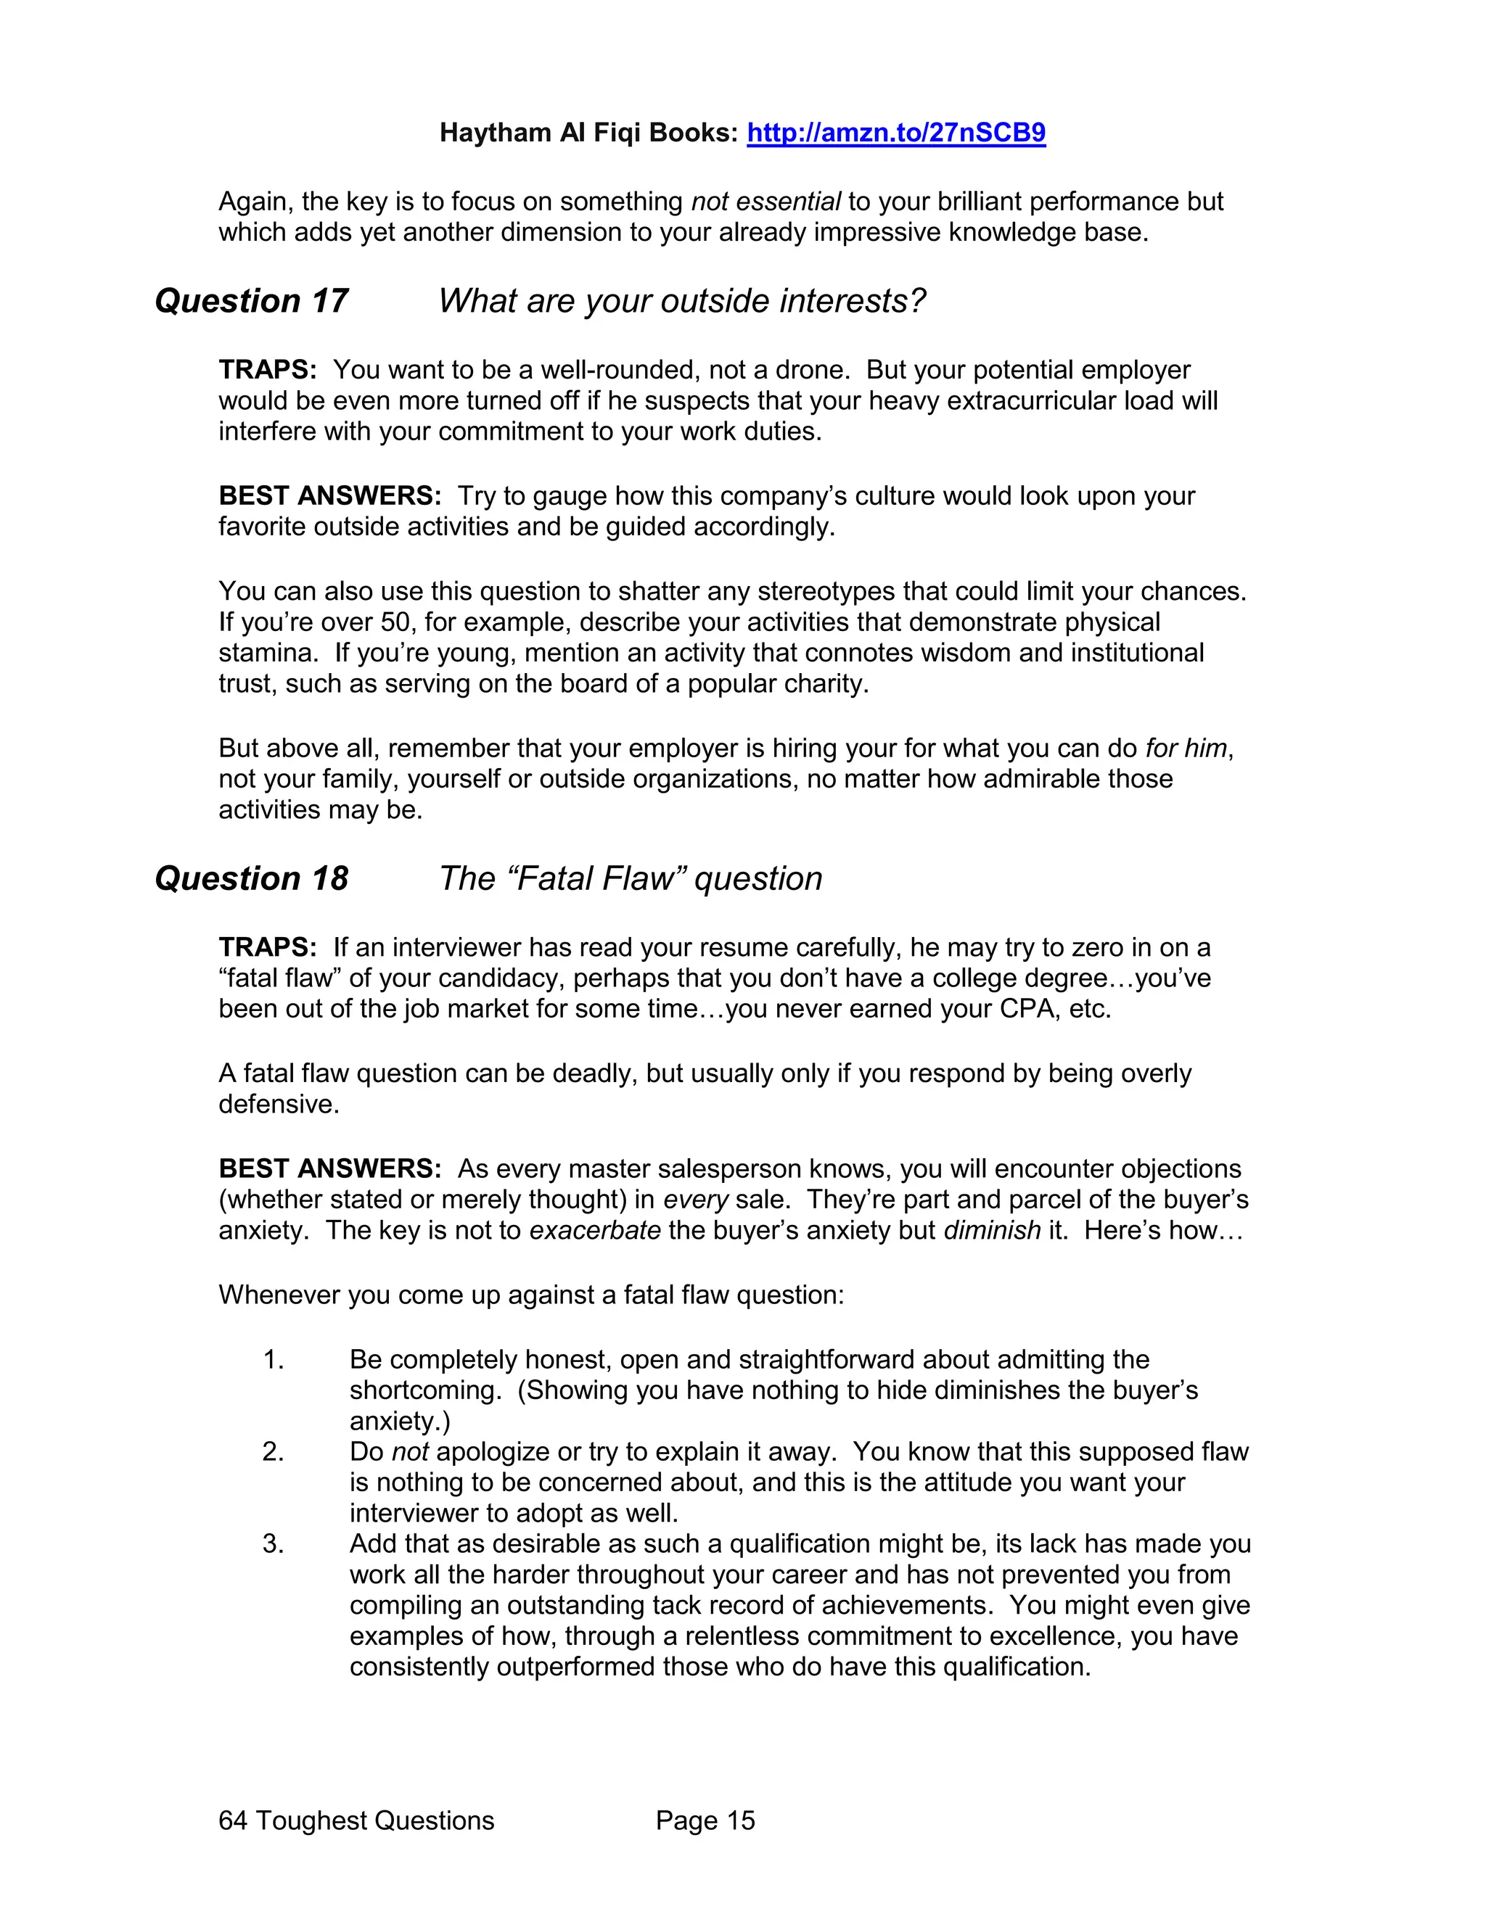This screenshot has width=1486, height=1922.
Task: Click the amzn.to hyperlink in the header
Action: pyautogui.click(x=895, y=133)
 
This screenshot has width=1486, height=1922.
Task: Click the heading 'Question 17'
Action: pyautogui.click(x=251, y=301)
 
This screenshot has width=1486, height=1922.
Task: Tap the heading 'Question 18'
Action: pyautogui.click(x=251, y=878)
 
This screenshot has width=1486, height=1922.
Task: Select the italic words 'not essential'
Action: pyautogui.click(x=765, y=202)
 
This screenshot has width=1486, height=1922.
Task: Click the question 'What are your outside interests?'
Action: pyautogui.click(x=681, y=301)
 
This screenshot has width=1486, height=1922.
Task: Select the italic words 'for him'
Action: pyautogui.click(x=1185, y=748)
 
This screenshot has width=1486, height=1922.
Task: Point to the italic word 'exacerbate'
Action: pyautogui.click(x=594, y=1230)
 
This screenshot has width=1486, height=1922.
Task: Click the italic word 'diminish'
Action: pyautogui.click(x=991, y=1230)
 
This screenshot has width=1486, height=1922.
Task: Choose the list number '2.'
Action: pyautogui.click(x=273, y=1451)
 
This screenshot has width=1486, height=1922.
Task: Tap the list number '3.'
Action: pyautogui.click(x=273, y=1543)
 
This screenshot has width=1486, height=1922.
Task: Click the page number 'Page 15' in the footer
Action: pyautogui.click(x=705, y=1820)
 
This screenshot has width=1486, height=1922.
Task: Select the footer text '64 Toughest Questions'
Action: pyautogui.click(x=356, y=1820)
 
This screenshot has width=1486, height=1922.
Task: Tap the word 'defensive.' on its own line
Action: pyautogui.click(x=278, y=1105)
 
